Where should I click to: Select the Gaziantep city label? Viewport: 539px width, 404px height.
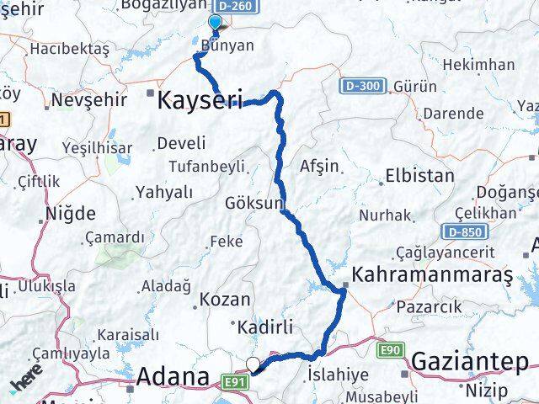[469, 361]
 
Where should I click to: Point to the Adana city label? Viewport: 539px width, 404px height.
[173, 376]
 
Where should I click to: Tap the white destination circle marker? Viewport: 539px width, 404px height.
[253, 364]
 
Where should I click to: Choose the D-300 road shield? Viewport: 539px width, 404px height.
[364, 87]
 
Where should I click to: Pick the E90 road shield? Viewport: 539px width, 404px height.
[391, 348]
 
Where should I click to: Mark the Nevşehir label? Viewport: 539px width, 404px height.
[89, 100]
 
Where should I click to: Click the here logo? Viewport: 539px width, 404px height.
[27, 380]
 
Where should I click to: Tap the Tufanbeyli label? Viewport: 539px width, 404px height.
[206, 165]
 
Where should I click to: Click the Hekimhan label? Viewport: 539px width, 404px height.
[478, 65]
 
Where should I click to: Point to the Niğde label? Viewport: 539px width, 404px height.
[72, 212]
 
